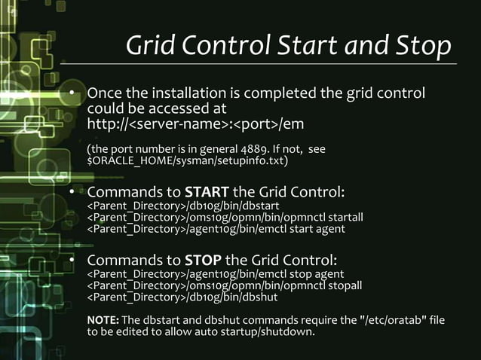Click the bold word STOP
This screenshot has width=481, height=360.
[204, 261]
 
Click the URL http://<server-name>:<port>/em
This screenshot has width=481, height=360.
[196, 123]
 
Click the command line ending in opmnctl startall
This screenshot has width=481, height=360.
[225, 218]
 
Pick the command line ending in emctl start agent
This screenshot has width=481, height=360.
[216, 229]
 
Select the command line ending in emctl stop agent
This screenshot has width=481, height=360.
[216, 274]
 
